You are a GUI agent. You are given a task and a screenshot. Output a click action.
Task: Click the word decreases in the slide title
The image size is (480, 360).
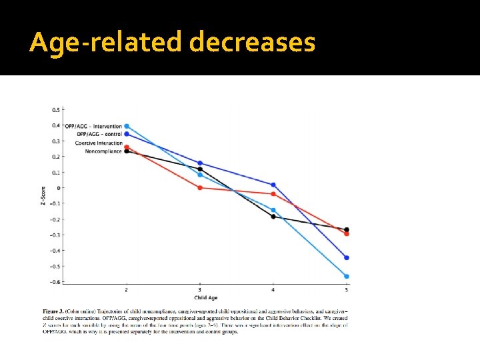[252, 43]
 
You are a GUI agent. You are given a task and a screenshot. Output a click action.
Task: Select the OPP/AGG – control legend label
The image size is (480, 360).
[97, 134]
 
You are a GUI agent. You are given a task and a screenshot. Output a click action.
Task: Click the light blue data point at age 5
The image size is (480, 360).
[346, 276]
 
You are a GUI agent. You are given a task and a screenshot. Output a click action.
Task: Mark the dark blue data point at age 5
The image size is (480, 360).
[346, 257]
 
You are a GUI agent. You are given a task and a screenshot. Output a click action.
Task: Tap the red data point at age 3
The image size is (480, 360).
[200, 187]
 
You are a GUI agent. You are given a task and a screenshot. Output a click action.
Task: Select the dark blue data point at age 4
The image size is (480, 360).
[273, 185]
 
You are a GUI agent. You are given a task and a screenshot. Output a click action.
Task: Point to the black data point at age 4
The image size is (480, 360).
[273, 217]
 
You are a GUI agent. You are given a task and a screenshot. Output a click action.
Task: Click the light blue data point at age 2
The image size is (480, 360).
[127, 126]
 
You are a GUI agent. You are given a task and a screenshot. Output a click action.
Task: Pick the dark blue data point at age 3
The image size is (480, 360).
[200, 163]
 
